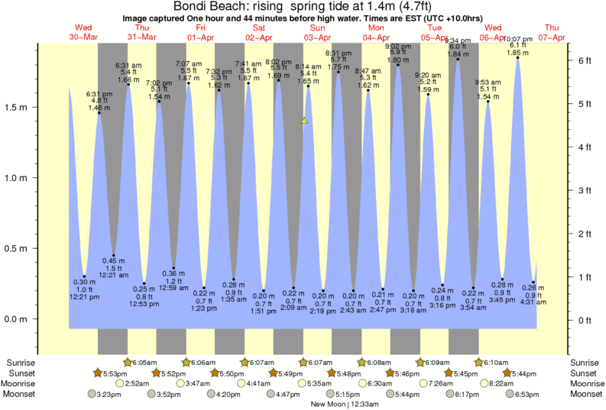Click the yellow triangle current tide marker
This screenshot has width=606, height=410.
point(304,121)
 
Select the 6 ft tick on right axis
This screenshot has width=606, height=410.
point(586,60)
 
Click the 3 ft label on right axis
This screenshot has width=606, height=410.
point(586,189)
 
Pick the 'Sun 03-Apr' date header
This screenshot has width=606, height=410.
point(316,33)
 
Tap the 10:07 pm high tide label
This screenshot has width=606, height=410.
point(519,40)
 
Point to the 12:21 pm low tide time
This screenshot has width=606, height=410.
point(83,297)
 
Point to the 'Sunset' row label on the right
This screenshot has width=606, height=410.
point(585,373)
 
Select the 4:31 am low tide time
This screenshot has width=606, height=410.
point(534,302)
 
